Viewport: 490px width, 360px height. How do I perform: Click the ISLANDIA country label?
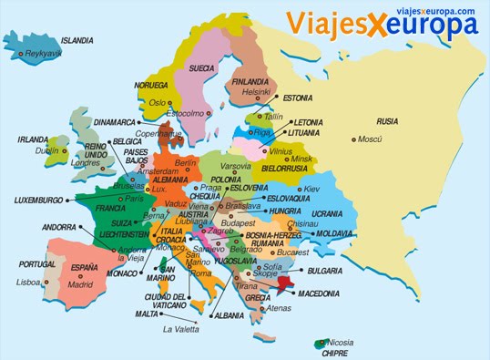tap(77, 41)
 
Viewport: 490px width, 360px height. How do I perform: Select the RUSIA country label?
tap(387, 120)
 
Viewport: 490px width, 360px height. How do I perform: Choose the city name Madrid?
tap(80, 283)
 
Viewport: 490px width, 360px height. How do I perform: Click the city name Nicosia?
tap(341, 344)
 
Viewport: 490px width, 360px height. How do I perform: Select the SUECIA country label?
tap(202, 67)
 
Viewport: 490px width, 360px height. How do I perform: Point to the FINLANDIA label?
tap(251, 80)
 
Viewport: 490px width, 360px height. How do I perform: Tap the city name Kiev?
tap(311, 189)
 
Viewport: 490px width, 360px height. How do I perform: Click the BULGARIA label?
tap(325, 271)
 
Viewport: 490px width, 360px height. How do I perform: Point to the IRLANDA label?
tap(33, 139)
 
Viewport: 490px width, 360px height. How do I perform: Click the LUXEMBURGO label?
tap(39, 200)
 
